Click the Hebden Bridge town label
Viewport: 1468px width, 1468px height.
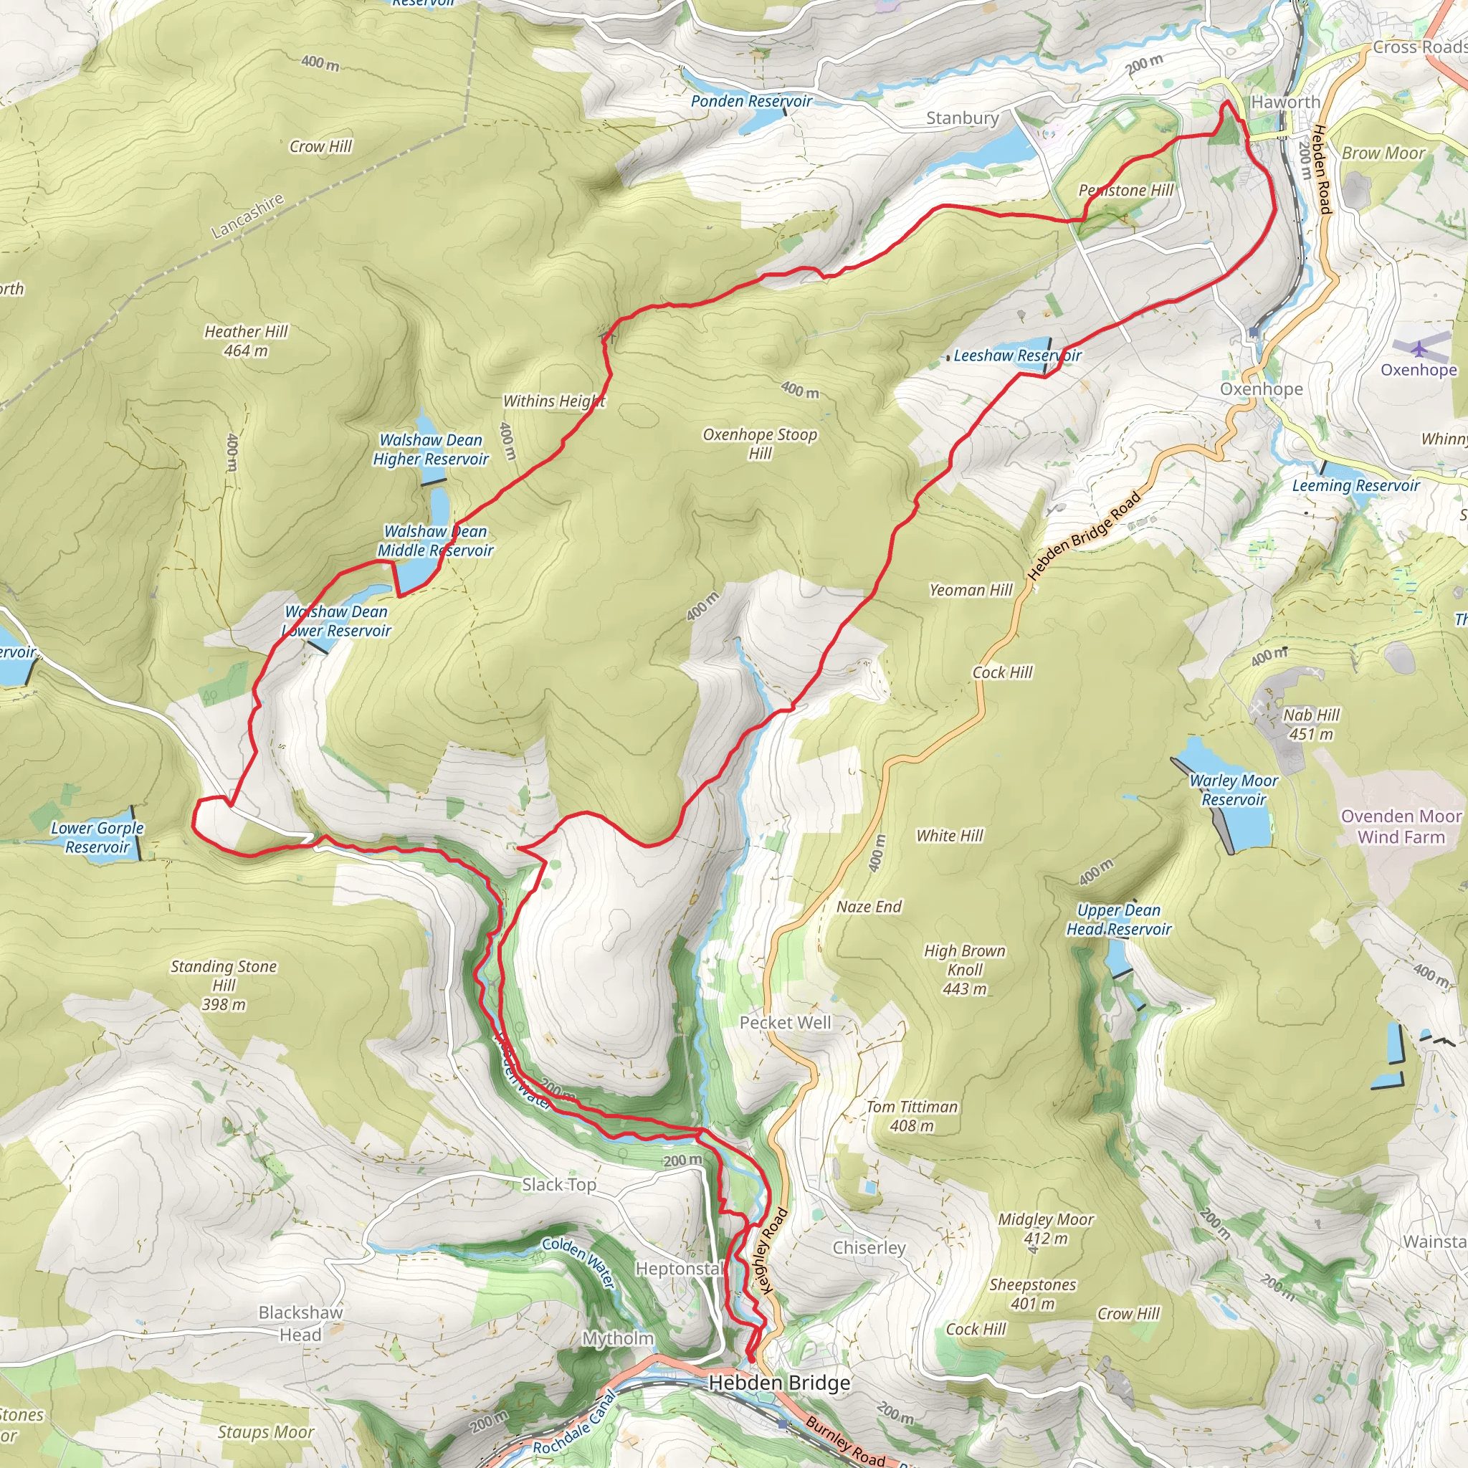(779, 1383)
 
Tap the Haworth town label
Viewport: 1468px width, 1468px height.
(1285, 102)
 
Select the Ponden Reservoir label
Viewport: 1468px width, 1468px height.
(750, 101)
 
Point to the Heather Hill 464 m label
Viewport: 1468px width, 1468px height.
(245, 340)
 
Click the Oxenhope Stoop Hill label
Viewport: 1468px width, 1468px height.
(759, 444)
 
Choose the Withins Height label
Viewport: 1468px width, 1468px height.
(554, 401)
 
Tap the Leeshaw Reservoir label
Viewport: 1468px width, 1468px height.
(1016, 356)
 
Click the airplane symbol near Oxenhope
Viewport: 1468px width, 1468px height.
(1419, 349)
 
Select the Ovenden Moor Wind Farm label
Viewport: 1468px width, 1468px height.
(1401, 826)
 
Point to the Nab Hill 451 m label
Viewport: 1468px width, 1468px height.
(1311, 724)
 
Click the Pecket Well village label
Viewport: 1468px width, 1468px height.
(785, 1023)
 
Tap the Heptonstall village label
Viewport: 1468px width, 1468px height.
(680, 1269)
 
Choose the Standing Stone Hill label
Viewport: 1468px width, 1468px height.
(224, 985)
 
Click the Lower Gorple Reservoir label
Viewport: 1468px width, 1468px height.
(97, 837)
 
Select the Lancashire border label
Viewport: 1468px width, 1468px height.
(247, 216)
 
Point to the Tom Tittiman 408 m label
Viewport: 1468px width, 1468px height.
(911, 1116)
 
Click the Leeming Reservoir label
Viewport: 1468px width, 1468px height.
(1355, 485)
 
